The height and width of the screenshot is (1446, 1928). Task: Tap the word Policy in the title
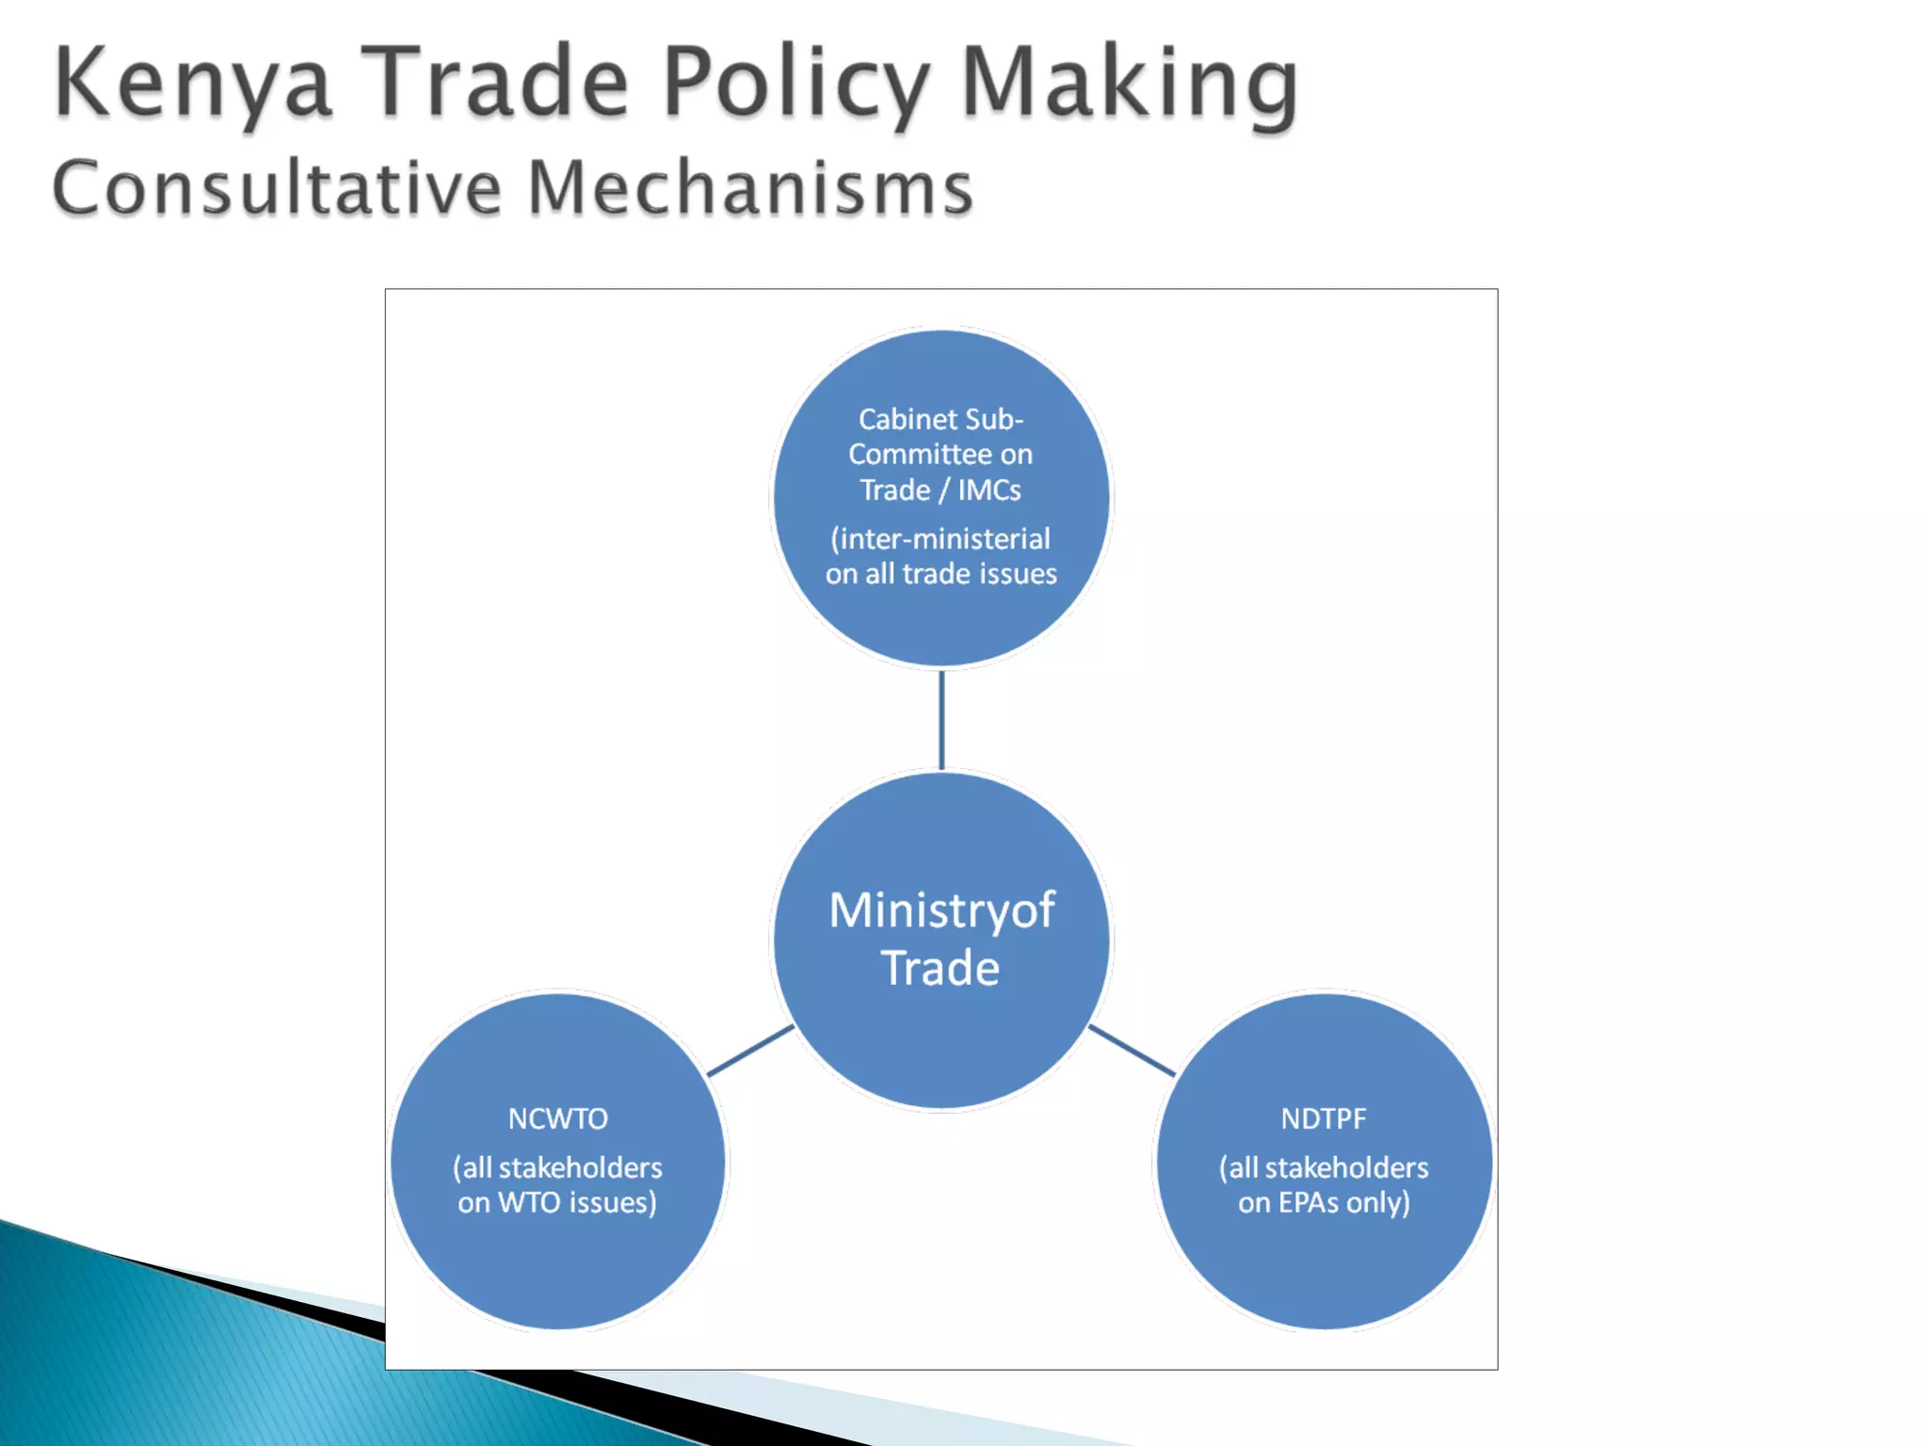click(795, 85)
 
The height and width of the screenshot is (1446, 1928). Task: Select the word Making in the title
click(1130, 85)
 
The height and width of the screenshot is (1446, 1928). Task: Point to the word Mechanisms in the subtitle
click(749, 188)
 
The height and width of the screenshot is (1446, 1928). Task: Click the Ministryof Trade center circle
click(941, 1036)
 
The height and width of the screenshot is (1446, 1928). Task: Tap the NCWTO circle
click(557, 1271)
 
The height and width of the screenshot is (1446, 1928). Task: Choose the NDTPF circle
click(1325, 1271)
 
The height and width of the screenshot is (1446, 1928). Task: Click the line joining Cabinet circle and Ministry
click(941, 720)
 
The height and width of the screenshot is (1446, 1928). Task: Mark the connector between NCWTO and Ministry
click(750, 1050)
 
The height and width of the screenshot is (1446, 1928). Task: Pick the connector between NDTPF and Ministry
click(1132, 1050)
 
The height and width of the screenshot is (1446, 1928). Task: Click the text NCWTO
click(558, 1118)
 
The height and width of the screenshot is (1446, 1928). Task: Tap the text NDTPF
click(1324, 1118)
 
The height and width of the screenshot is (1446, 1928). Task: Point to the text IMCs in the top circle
click(989, 490)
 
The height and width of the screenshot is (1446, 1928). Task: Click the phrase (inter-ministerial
click(940, 538)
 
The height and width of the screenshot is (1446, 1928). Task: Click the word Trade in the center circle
click(940, 968)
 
